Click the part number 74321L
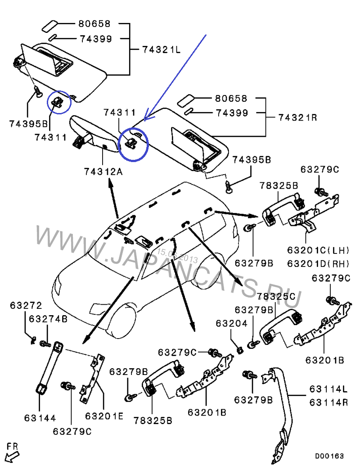(161, 50)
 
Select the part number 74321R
(297, 118)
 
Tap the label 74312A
(103, 172)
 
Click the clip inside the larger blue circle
(131, 143)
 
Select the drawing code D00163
(329, 456)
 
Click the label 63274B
(48, 319)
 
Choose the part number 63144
(41, 418)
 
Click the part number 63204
(231, 323)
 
